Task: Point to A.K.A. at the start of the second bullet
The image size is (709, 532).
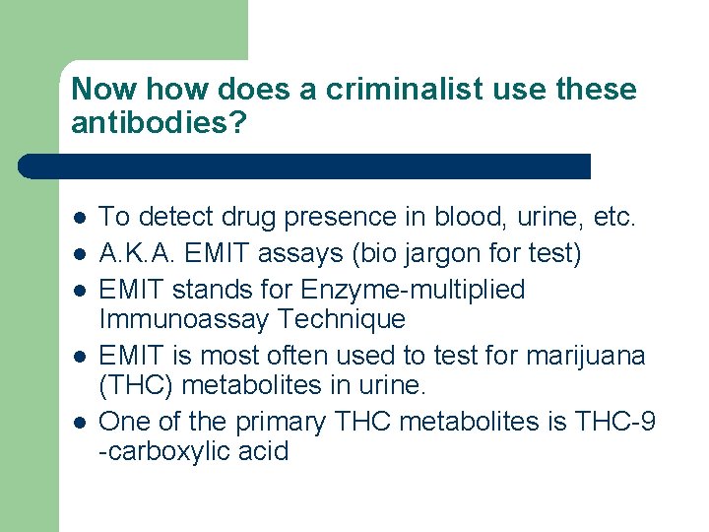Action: (140, 254)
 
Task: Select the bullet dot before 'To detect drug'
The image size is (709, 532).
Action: (79, 217)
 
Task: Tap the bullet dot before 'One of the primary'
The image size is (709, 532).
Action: (79, 422)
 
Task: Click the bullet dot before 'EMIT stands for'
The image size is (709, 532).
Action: (79, 290)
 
